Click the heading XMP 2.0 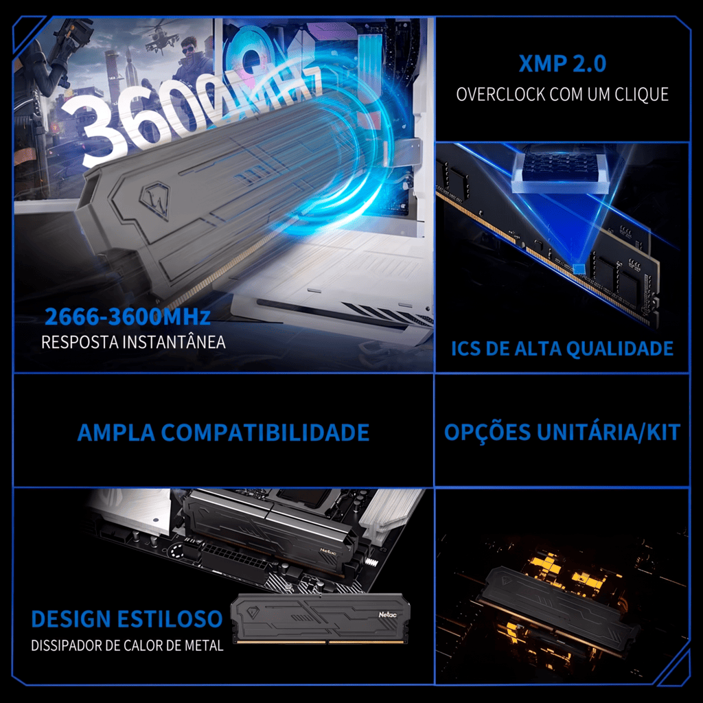(x=562, y=63)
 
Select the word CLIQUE (x=642, y=95)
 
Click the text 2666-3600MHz (x=127, y=316)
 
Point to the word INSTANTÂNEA (x=174, y=342)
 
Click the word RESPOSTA (x=80, y=342)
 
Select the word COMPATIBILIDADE (x=265, y=433)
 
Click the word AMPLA (x=116, y=433)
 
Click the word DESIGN (x=71, y=619)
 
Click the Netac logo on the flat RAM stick (x=387, y=614)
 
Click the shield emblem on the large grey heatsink (x=154, y=200)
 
